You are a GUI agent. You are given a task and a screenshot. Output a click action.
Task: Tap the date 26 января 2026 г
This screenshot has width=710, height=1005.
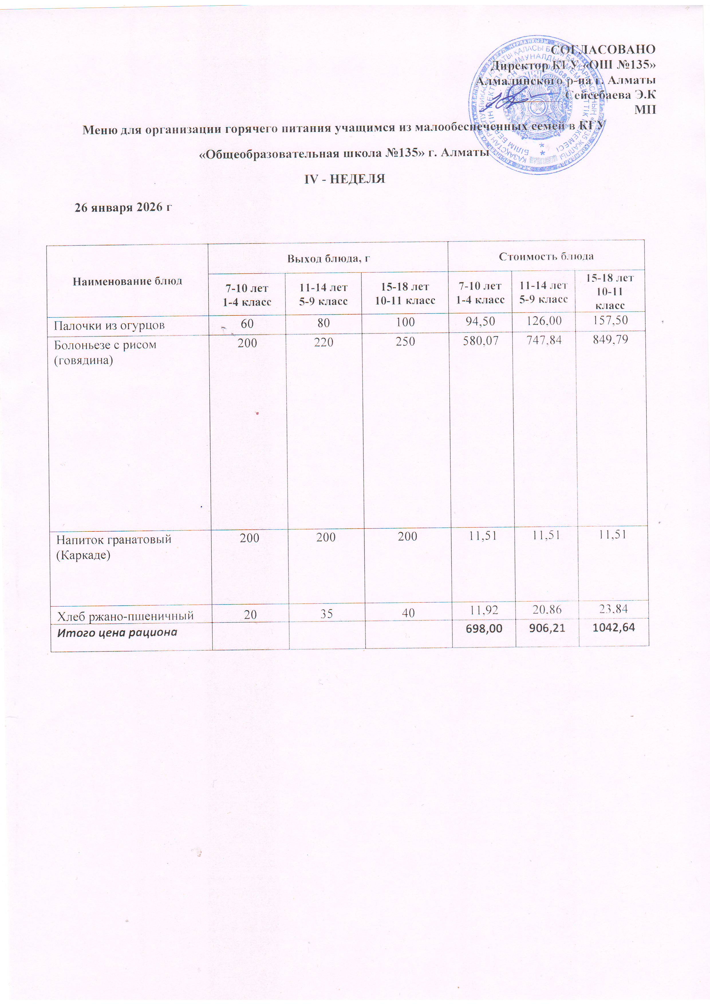(123, 207)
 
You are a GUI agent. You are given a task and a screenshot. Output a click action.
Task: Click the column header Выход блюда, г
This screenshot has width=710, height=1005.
(328, 258)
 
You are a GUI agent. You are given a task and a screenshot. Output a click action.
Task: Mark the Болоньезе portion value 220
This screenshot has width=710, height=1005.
(324, 341)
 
